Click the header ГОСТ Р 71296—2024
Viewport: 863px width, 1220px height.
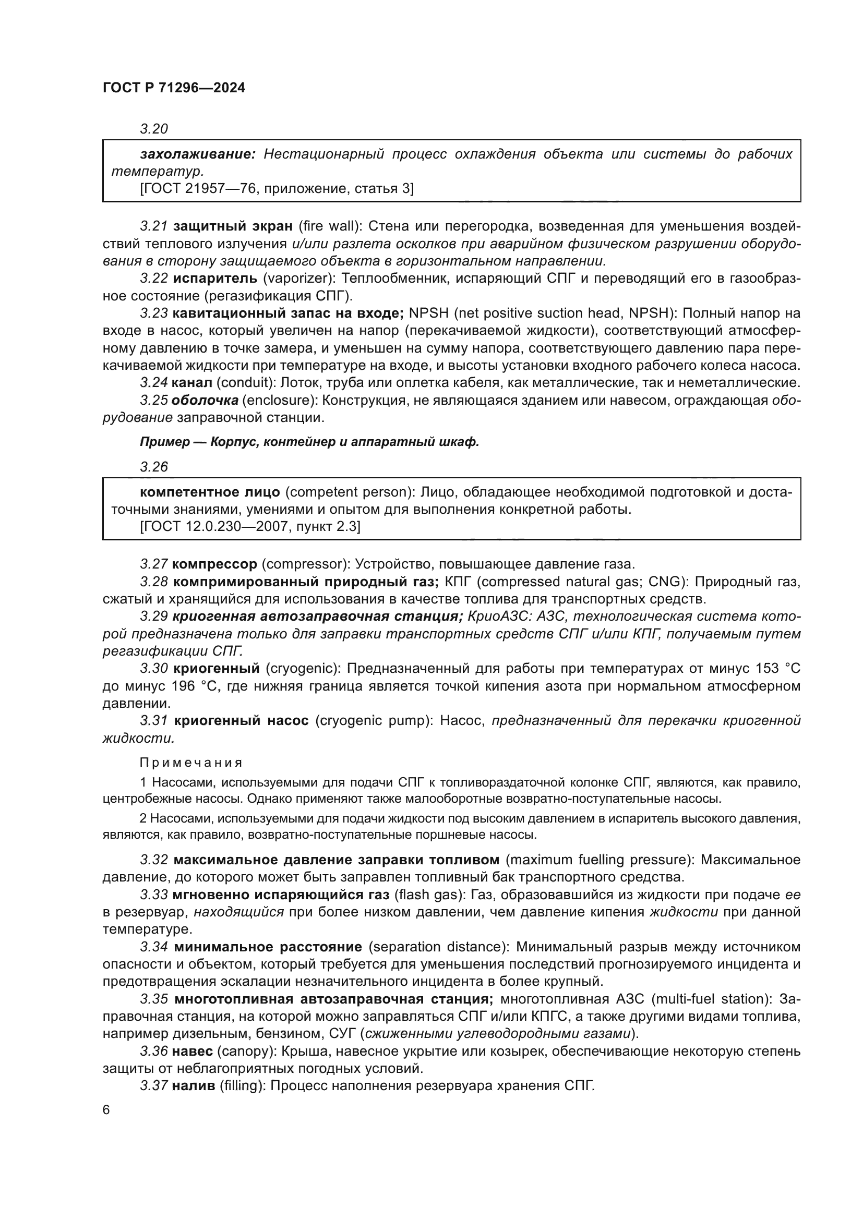pyautogui.click(x=174, y=88)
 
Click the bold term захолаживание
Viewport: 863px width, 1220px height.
pyautogui.click(x=198, y=154)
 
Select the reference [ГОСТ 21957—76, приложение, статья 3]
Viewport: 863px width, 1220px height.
pyautogui.click(x=277, y=189)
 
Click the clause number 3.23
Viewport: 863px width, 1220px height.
pyautogui.click(x=154, y=313)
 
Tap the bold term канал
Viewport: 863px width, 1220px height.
pyautogui.click(x=192, y=382)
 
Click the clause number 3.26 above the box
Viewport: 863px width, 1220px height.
pyautogui.click(x=154, y=467)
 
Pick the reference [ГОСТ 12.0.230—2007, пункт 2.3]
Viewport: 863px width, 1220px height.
pyautogui.click(x=250, y=527)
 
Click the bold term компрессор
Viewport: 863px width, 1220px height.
pyautogui.click(x=214, y=564)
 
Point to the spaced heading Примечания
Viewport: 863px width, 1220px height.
pyautogui.click(x=191, y=763)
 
